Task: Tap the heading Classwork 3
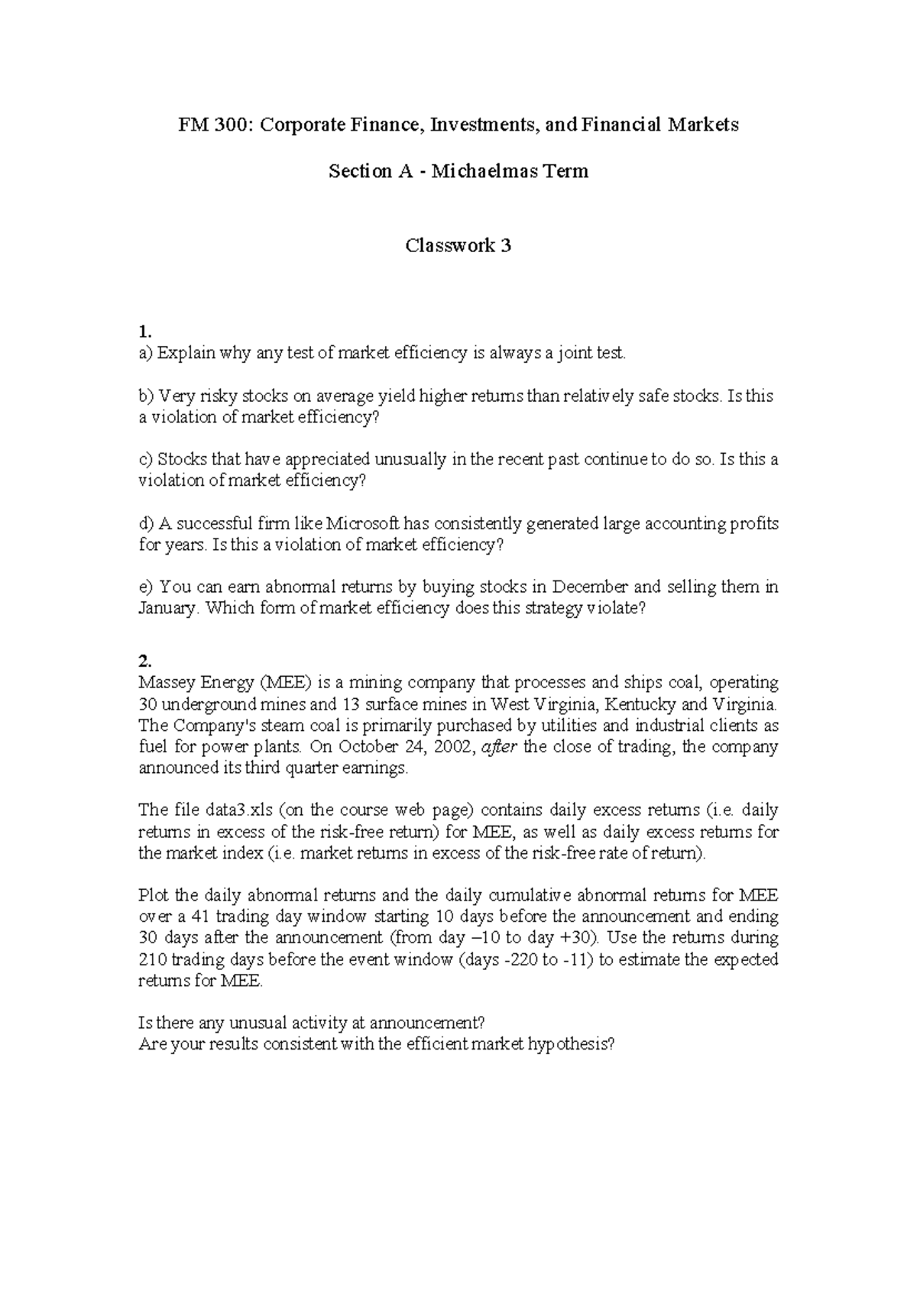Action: [x=458, y=246]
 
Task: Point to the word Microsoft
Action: [x=362, y=524]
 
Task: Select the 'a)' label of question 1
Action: [x=145, y=353]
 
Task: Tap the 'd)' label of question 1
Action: [x=146, y=524]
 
